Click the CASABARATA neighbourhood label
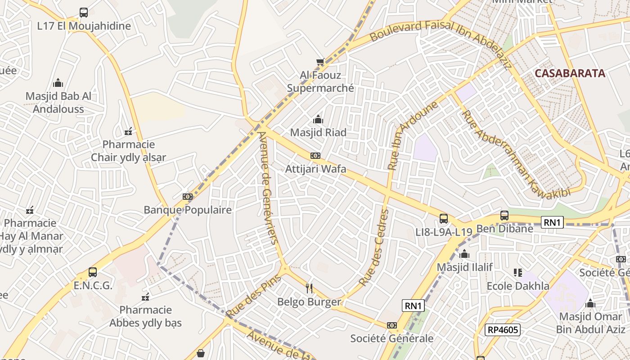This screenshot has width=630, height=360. pos(570,73)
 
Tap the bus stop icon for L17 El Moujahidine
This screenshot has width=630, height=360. pos(84,13)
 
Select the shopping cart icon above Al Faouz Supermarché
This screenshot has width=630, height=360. pos(320,62)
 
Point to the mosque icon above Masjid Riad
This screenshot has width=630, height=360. pos(318,120)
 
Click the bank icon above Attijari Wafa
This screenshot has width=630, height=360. pos(315,156)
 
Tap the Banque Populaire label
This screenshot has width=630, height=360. pos(188,210)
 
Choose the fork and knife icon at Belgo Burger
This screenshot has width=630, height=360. pos(309,288)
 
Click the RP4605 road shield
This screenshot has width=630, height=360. pos(503,330)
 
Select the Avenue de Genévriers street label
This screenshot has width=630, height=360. pos(269,187)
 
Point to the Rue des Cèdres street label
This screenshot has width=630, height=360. pos(374,247)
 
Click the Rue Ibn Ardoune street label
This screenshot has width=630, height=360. pos(412,135)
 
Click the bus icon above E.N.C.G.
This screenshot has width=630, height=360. pos(93,272)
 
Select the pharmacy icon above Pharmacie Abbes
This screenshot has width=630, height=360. pos(145,297)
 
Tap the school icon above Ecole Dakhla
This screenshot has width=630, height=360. pos(518,273)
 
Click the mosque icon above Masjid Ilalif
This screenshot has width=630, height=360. pos(464,254)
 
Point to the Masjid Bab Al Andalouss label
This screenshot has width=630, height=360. pos(58,103)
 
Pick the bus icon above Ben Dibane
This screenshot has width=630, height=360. pos(504,216)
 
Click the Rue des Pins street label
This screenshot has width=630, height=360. pos(253,296)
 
